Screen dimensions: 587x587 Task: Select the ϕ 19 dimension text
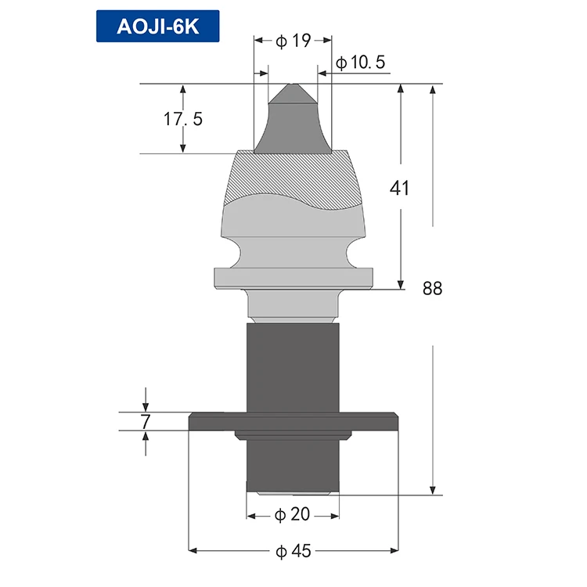point(293,41)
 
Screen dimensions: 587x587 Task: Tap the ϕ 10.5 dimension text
point(360,63)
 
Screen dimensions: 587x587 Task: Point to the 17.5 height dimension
point(182,119)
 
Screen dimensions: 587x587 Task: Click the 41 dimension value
point(400,188)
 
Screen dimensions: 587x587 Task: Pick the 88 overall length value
point(432,288)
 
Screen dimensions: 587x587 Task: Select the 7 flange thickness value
point(146,422)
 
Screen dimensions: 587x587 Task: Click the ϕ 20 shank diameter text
point(293,515)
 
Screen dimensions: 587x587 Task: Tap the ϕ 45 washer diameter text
point(293,551)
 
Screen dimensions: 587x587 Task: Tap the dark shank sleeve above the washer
point(293,368)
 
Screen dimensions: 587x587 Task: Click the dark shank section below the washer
point(293,466)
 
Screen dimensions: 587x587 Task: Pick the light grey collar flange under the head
point(293,278)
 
